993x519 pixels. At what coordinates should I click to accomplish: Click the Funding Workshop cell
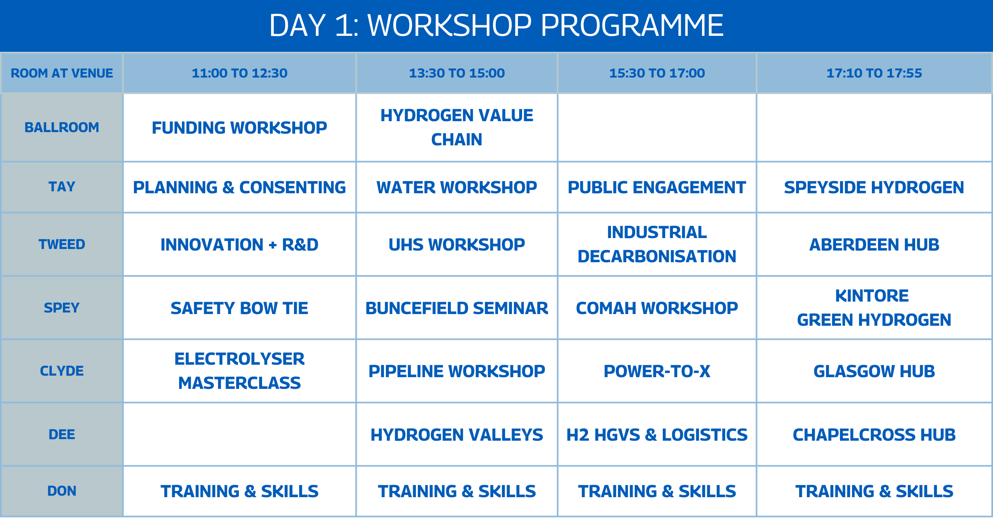tap(239, 128)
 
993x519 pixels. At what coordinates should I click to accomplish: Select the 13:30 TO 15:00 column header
tap(457, 73)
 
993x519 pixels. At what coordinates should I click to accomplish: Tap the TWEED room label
tap(62, 244)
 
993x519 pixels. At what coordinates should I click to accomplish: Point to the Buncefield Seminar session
tap(457, 308)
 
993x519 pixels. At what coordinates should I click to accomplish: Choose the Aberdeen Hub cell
tap(874, 245)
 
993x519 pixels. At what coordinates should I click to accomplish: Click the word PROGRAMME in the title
tap(632, 25)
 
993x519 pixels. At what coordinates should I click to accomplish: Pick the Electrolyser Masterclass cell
tap(239, 371)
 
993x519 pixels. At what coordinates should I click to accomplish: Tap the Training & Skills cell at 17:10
tap(874, 491)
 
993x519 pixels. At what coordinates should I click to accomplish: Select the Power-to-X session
tap(657, 371)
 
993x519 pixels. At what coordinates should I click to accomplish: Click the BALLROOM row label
tap(62, 127)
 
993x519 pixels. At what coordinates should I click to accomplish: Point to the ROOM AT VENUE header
tap(62, 73)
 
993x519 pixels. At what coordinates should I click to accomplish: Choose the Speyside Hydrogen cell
tap(874, 187)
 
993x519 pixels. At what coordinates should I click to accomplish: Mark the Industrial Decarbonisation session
tap(657, 244)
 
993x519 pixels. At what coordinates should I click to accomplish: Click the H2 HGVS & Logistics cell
tap(657, 435)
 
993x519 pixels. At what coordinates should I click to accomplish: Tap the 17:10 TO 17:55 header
tap(874, 73)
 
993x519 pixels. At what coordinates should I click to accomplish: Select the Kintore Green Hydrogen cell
tap(874, 308)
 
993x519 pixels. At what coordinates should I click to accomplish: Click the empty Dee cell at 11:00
tap(239, 434)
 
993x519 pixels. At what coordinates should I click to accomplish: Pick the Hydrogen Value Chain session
tap(457, 127)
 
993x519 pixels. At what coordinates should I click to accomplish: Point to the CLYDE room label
tap(62, 371)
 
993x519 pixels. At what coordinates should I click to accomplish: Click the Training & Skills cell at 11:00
tap(239, 491)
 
